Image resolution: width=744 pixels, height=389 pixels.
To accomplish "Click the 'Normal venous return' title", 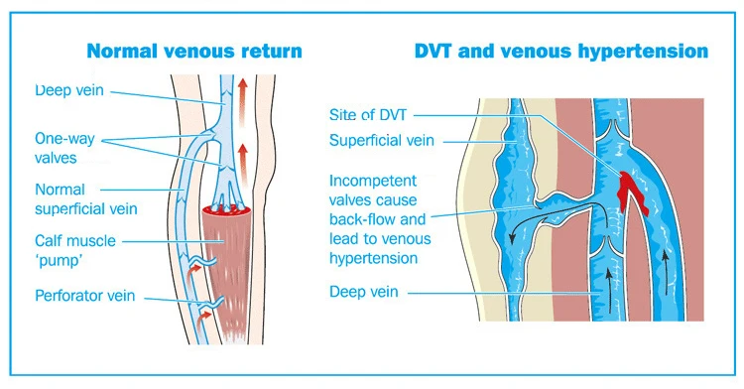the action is click(x=194, y=51).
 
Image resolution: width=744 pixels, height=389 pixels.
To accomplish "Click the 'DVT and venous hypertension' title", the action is click(x=561, y=51).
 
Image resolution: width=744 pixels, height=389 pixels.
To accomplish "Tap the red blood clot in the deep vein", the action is click(x=631, y=191).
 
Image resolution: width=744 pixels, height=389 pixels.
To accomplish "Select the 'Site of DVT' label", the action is click(x=368, y=114).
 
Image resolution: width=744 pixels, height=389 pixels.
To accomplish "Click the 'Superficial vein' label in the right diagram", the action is click(x=382, y=141).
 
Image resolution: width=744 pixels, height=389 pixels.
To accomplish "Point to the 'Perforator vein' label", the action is click(x=85, y=296).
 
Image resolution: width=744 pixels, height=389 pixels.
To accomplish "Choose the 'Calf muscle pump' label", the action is click(x=75, y=250).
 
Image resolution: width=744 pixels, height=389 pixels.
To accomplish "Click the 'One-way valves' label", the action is click(x=64, y=148).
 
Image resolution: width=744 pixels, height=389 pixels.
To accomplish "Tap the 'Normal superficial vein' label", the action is click(x=86, y=198).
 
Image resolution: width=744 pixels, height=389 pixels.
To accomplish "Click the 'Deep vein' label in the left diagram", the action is click(x=69, y=90).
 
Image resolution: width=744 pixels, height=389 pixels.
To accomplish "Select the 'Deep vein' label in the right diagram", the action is click(x=363, y=292).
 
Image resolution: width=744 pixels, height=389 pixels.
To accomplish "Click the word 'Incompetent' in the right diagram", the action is click(x=372, y=181).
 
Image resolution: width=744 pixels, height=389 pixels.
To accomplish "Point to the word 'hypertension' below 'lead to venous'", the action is click(x=373, y=258).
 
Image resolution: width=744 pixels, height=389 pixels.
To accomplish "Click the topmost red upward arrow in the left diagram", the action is click(x=243, y=102).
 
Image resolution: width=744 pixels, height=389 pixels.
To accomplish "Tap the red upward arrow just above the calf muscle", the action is click(x=243, y=166).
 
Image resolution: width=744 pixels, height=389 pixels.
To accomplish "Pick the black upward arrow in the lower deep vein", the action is click(x=609, y=289).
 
